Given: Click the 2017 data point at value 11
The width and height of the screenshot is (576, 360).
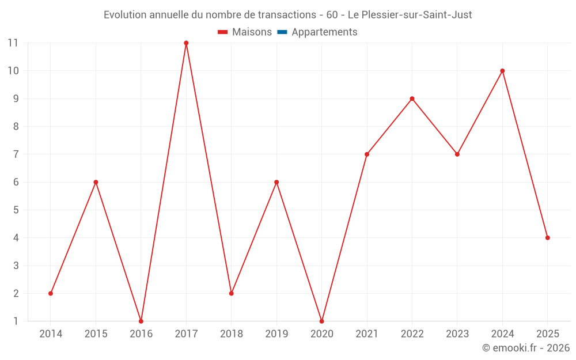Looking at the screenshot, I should [186, 43].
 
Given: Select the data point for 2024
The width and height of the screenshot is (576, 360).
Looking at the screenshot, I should [502, 71].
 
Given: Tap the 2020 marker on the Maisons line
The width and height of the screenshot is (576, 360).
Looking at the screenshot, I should [321, 321].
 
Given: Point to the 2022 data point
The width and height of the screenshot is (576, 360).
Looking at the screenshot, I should [412, 98].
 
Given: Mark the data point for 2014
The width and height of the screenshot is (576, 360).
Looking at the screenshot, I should [51, 293].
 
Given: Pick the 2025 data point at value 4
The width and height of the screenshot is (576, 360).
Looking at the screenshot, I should [547, 238].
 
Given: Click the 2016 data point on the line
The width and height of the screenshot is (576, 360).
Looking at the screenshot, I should [141, 321].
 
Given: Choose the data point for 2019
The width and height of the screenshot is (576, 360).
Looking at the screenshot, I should [276, 182].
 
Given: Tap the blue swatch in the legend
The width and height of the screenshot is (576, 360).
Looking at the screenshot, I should [282, 32].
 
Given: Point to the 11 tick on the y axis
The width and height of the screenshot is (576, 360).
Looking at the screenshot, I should [13, 43].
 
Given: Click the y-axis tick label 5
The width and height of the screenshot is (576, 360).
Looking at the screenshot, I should [16, 210].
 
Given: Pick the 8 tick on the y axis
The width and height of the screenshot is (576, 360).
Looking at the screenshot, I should [16, 127].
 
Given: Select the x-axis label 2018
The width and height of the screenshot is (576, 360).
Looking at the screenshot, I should [231, 334].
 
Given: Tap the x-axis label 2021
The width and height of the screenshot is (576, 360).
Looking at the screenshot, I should [366, 334].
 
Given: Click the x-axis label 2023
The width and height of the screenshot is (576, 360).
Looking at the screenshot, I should [457, 334].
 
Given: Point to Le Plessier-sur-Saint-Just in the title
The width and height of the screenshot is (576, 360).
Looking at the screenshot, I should [410, 15].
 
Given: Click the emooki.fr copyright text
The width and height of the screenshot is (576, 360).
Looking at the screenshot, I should [525, 348].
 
